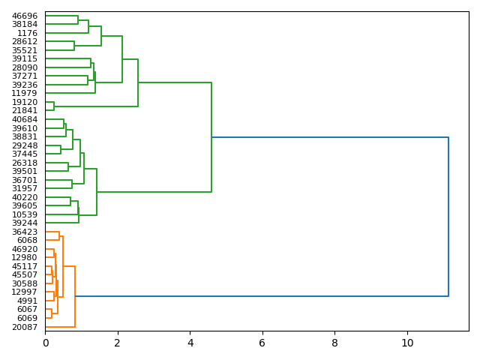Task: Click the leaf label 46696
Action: [25, 16]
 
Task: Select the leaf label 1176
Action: [27, 33]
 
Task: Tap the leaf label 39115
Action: [25, 59]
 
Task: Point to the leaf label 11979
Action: [25, 94]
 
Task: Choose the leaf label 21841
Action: [25, 111]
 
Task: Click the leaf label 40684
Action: [25, 120]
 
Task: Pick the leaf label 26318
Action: [25, 163]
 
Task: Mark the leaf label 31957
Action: [25, 188]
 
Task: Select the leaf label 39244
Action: [25, 223]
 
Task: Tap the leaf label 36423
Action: [25, 232]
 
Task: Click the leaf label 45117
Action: [25, 266]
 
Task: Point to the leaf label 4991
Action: [27, 301]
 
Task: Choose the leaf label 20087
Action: [25, 327]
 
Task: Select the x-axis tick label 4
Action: [190, 343]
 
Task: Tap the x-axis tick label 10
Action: [407, 343]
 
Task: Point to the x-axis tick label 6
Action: [262, 343]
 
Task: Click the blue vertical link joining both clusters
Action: [448, 217]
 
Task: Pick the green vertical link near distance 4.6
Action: [211, 137]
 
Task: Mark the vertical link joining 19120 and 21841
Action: [54, 106]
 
